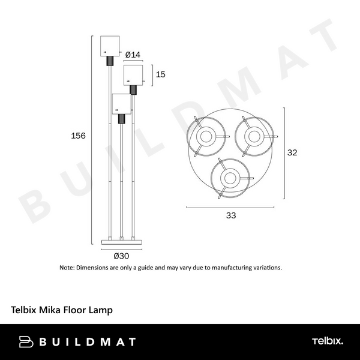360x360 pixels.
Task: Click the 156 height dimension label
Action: pyautogui.click(x=79, y=136)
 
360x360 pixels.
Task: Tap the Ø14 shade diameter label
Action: pyautogui.click(x=133, y=55)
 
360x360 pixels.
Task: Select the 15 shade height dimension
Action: pyautogui.click(x=160, y=74)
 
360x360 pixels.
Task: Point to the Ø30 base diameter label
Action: pyautogui.click(x=122, y=254)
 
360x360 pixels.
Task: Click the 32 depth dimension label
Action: pyautogui.click(x=292, y=153)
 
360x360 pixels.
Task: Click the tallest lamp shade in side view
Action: pyautogui.click(x=110, y=46)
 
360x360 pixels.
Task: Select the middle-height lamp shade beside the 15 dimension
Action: pyautogui.click(x=134, y=74)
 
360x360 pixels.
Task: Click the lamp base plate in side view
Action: pyautogui.click(x=122, y=242)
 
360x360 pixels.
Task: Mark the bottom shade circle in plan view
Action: pyautogui.click(x=229, y=177)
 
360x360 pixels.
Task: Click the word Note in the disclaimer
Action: pyautogui.click(x=67, y=267)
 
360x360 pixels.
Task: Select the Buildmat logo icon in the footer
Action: pyautogui.click(x=27, y=342)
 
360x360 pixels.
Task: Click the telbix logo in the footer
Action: pyautogui.click(x=327, y=341)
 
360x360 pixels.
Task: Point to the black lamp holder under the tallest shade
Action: pyautogui.click(x=110, y=61)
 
